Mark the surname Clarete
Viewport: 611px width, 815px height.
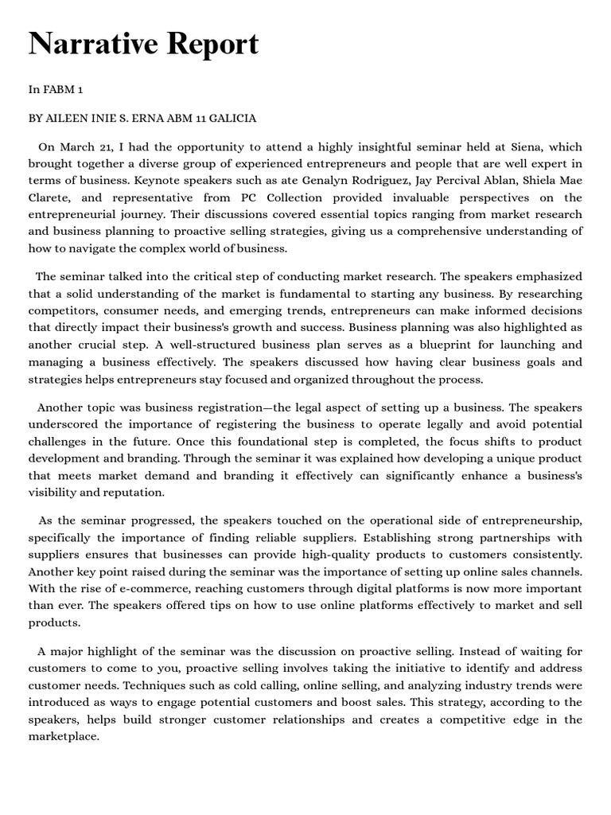point(51,197)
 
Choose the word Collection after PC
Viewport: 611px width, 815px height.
point(286,197)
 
